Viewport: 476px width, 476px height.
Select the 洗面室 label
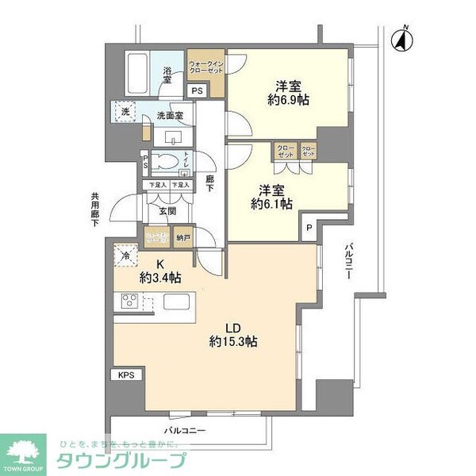pos(170,116)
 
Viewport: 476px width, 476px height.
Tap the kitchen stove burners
pos(129,301)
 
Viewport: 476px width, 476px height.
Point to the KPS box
pos(126,372)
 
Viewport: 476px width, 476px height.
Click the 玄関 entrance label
pos(167,211)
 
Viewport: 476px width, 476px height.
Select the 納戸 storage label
pos(182,236)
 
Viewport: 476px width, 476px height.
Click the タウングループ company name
pos(121,461)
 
